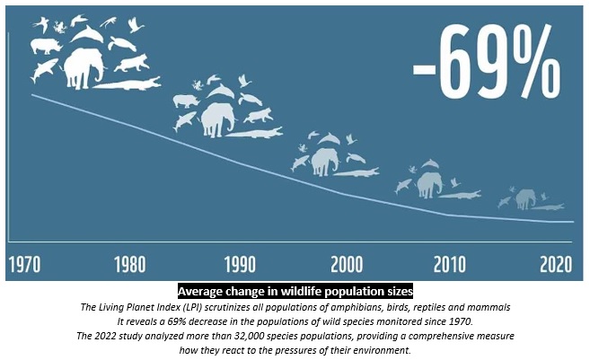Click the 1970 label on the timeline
(25, 265)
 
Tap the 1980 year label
(130, 265)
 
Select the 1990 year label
(240, 265)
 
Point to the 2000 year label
(347, 265)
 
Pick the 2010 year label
(450, 265)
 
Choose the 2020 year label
(556, 265)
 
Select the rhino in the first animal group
(46, 47)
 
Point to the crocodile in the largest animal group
(128, 83)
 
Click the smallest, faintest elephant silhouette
(525, 199)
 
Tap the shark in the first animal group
(43, 70)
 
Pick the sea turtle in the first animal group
(122, 44)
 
